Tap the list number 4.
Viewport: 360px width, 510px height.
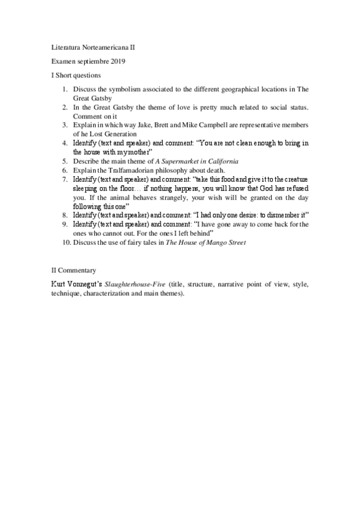point(65,143)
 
